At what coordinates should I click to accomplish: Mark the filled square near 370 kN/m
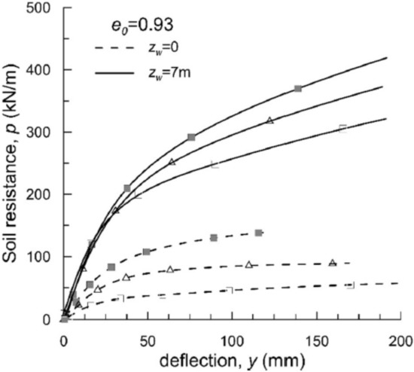(x=298, y=89)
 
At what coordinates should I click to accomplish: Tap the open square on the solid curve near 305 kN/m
(x=342, y=128)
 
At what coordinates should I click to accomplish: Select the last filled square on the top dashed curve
(x=258, y=233)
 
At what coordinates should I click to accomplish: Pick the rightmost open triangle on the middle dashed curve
(x=332, y=263)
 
